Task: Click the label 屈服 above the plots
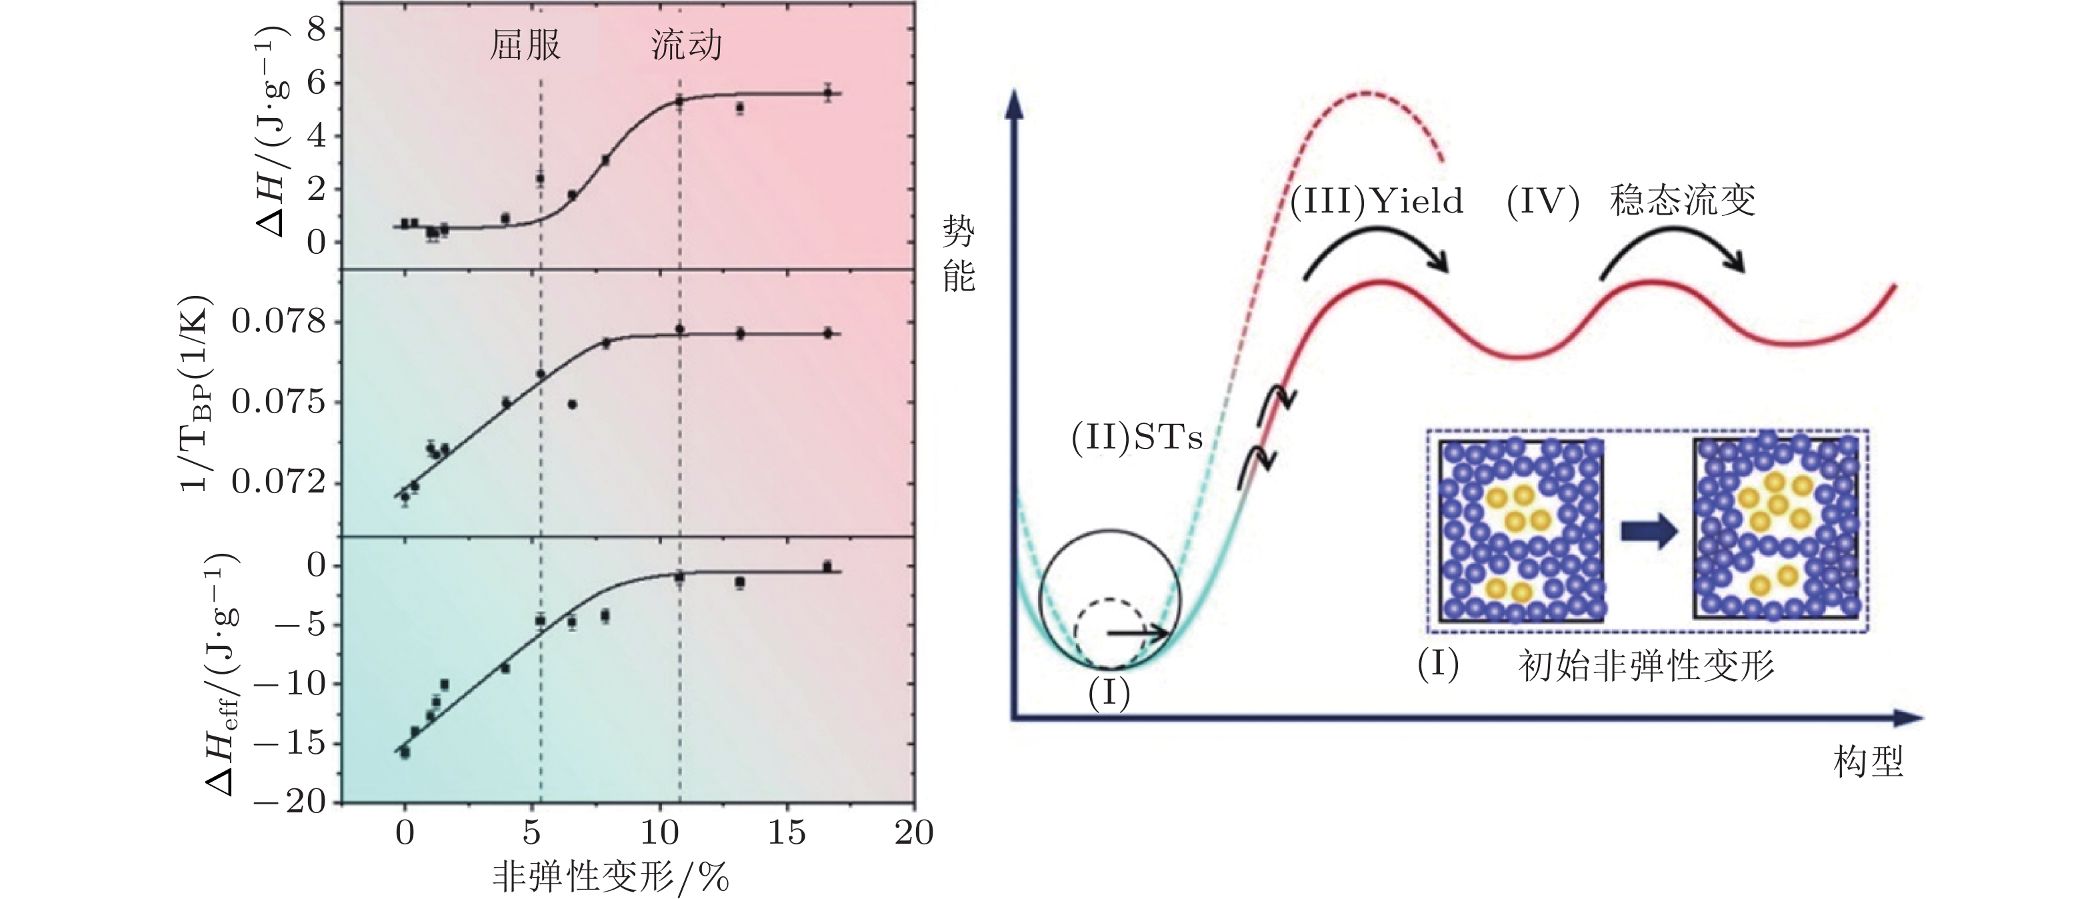[525, 45]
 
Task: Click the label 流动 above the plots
[687, 45]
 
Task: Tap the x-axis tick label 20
[913, 833]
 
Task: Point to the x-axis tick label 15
[786, 833]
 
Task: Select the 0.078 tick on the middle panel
[278, 321]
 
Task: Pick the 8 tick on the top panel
[315, 29]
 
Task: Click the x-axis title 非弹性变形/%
[611, 877]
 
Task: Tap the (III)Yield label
[1377, 201]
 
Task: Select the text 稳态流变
[1683, 201]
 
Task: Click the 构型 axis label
[1869, 763]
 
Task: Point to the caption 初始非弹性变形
[1646, 666]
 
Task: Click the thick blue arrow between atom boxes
[1649, 532]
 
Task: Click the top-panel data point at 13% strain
[739, 107]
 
